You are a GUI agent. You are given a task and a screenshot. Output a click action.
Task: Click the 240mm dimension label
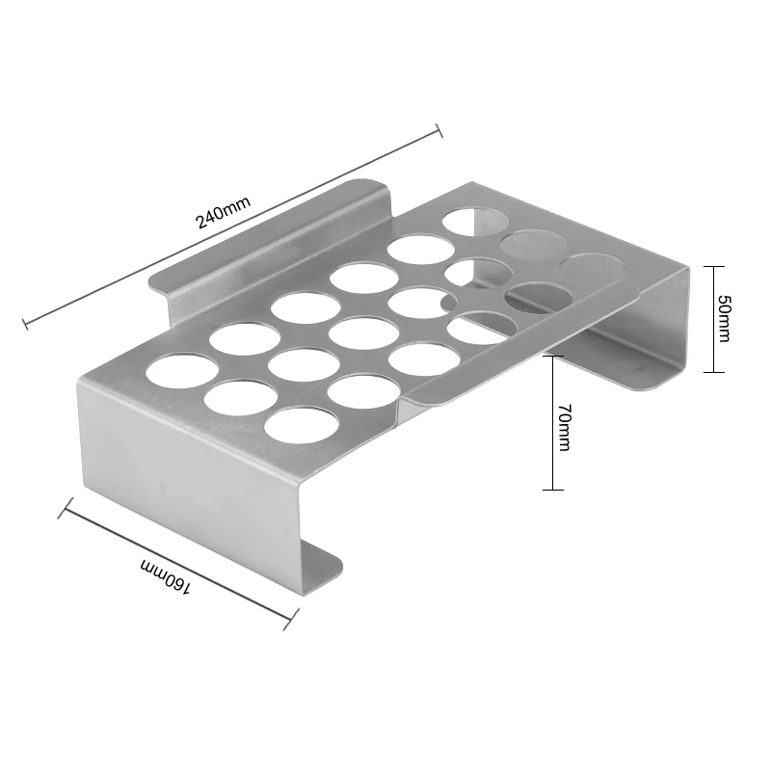click(x=223, y=211)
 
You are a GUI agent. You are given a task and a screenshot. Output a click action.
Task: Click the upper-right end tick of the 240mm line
click(x=439, y=131)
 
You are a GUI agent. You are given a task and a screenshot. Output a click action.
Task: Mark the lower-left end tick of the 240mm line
click(x=25, y=323)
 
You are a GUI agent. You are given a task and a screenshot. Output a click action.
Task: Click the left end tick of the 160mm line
click(x=65, y=507)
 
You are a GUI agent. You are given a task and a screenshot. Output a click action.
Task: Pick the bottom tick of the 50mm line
click(x=711, y=372)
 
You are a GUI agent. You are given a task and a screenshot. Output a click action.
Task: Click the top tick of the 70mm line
click(x=552, y=356)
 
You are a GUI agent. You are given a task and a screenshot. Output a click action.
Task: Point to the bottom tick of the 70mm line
click(x=552, y=490)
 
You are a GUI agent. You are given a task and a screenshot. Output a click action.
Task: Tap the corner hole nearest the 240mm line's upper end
click(x=472, y=221)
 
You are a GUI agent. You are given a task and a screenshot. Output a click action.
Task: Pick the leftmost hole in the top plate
click(x=182, y=370)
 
